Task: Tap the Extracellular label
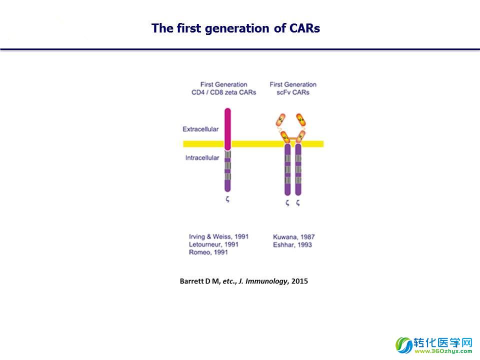[x=200, y=129]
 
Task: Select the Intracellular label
[x=202, y=157]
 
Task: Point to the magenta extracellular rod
[x=227, y=129]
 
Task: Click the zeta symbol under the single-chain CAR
[x=227, y=199]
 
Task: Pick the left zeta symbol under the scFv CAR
[x=287, y=202]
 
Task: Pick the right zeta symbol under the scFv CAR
[x=298, y=202]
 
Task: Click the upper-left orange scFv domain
[x=280, y=120]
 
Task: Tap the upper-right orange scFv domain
[x=301, y=119]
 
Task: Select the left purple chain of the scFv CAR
[x=287, y=169]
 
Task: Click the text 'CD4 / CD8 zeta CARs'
[x=224, y=92]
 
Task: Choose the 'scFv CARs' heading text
[x=293, y=92]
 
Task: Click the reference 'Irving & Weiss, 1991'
[x=218, y=236]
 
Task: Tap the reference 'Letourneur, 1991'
[x=213, y=244]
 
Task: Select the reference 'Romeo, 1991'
[x=208, y=252]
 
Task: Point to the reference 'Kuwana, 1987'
[x=293, y=237]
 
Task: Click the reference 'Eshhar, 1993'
[x=292, y=244]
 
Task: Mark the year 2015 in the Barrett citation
[x=299, y=281]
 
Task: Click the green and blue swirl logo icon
[x=404, y=345]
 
